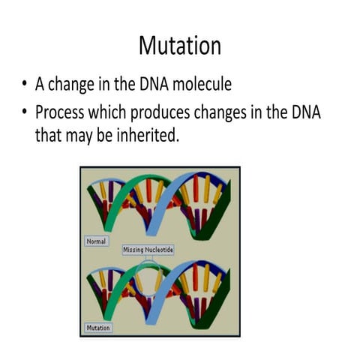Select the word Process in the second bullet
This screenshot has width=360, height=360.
coord(64,112)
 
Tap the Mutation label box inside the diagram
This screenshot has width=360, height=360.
coord(97,328)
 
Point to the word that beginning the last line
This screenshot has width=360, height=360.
coord(48,136)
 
